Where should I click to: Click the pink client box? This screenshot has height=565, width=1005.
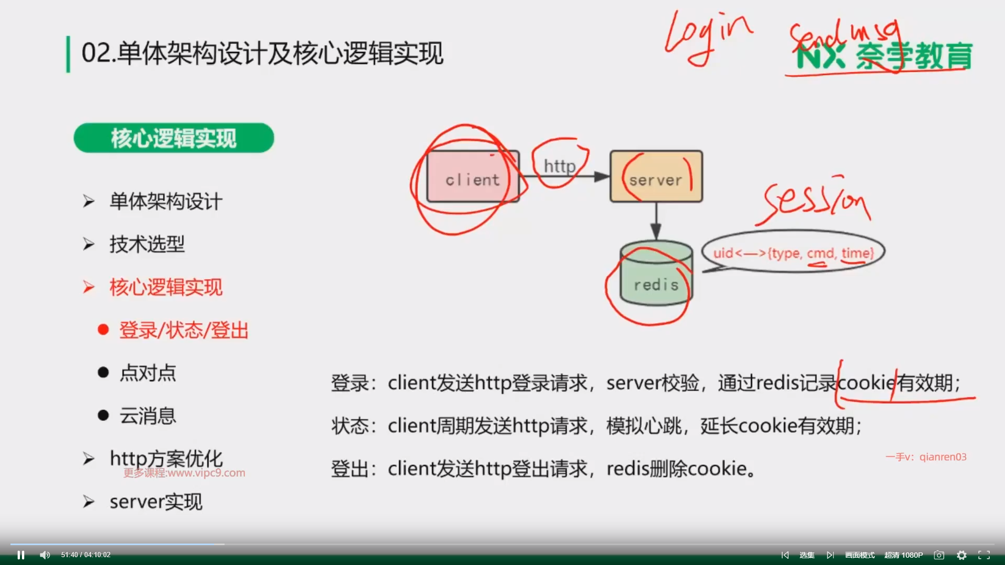473,177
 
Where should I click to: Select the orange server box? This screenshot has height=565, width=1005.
656,177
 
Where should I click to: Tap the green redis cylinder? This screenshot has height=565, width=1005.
656,273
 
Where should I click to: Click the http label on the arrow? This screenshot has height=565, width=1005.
560,166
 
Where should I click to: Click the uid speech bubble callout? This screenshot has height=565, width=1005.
793,253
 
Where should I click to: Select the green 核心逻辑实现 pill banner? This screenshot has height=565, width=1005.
174,138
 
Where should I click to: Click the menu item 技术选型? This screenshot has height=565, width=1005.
147,244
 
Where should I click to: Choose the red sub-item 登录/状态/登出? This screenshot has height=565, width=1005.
184,330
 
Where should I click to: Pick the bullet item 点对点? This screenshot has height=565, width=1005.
148,373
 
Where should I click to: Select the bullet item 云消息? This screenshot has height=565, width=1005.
148,416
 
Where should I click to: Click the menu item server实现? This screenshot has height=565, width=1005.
155,502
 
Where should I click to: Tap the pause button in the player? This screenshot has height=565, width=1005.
21,555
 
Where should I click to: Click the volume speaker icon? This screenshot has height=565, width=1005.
45,555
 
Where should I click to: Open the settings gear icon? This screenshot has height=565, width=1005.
962,555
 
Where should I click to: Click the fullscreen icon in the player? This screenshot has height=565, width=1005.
984,555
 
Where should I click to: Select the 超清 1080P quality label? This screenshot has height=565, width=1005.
903,555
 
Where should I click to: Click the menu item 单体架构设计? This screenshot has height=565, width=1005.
165,201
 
